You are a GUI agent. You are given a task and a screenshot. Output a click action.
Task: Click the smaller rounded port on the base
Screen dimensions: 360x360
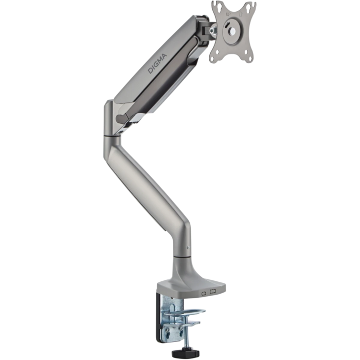click(204, 293)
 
